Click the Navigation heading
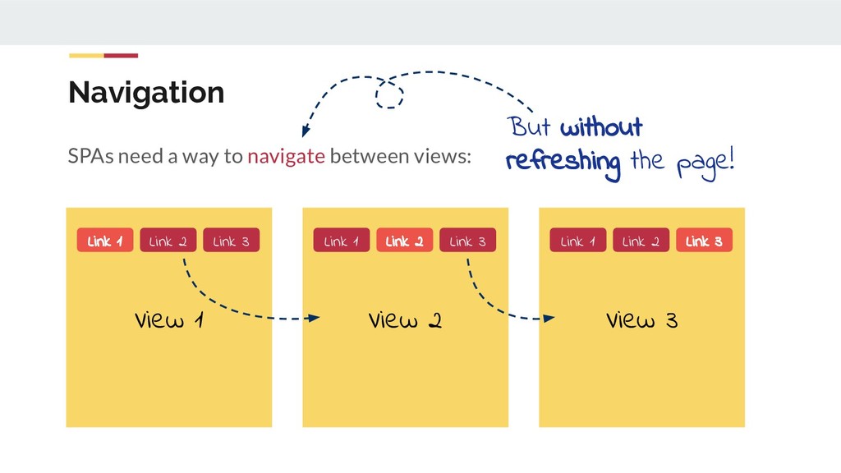pyautogui.click(x=146, y=92)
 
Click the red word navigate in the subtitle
pyautogui.click(x=286, y=156)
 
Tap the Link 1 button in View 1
pyautogui.click(x=105, y=241)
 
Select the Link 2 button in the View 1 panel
pyautogui.click(x=168, y=241)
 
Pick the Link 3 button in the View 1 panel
pyautogui.click(x=231, y=241)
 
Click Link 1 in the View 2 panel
pyautogui.click(x=342, y=241)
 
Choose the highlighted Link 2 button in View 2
pyautogui.click(x=404, y=241)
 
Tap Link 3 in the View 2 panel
pyautogui.click(x=467, y=241)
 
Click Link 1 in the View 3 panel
pyautogui.click(x=578, y=241)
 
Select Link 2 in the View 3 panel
pyautogui.click(x=641, y=241)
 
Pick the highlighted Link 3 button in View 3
pyautogui.click(x=704, y=241)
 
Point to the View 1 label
pyautogui.click(x=169, y=320)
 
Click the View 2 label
pyautogui.click(x=405, y=320)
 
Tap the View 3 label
pyautogui.click(x=641, y=320)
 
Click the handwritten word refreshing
pyautogui.click(x=563, y=161)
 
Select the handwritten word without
pyautogui.click(x=601, y=128)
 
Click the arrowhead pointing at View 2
pyautogui.click(x=314, y=318)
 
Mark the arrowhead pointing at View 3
pyautogui.click(x=549, y=318)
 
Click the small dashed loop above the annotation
pyautogui.click(x=389, y=94)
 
